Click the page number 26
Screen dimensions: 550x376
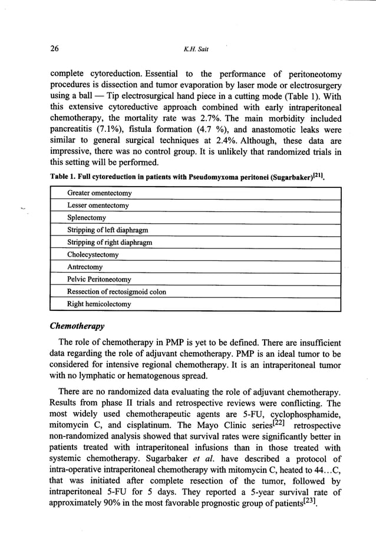pyautogui.click(x=55, y=49)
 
